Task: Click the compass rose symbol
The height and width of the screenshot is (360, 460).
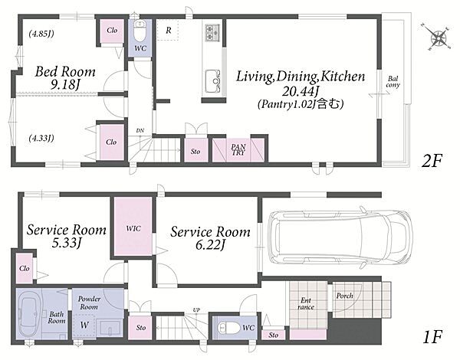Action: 439,38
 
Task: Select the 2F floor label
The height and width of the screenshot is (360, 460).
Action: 432,160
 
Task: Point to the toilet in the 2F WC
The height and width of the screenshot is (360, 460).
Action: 140,31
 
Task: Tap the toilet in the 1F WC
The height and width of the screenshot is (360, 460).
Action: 229,328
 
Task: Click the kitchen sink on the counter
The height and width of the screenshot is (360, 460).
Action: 213,81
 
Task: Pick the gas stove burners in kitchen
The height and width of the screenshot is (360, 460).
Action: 212,32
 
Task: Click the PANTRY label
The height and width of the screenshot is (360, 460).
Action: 238,150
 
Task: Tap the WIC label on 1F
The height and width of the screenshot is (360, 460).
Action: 133,228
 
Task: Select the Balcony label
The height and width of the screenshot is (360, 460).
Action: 393,82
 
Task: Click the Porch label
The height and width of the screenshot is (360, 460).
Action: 345,296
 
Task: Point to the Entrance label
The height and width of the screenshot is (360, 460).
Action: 306,304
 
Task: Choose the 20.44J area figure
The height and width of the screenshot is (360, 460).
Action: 301,92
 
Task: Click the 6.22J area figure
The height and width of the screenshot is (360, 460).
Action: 210,245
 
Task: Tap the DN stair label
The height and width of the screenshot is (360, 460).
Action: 140,131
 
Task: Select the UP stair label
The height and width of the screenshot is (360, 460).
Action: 196,310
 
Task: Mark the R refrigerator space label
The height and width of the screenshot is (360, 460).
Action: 169,30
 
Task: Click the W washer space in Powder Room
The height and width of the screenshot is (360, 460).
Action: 84,325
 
